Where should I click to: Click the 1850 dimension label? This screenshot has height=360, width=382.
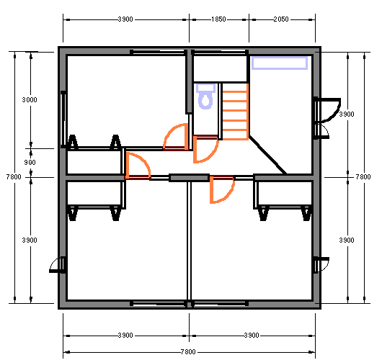point(218,19)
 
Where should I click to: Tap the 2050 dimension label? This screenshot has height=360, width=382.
point(281,19)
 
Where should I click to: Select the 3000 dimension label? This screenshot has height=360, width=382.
point(30,100)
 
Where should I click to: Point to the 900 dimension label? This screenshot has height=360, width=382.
point(30,162)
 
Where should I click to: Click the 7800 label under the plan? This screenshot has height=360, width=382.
point(188,352)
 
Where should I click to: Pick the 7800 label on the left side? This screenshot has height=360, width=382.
point(14,176)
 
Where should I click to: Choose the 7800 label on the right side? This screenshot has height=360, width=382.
point(363,176)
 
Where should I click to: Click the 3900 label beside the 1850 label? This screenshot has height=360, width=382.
point(125,19)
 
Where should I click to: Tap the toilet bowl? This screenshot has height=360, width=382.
point(205,100)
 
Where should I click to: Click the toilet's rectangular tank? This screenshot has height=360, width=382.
point(205,88)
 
